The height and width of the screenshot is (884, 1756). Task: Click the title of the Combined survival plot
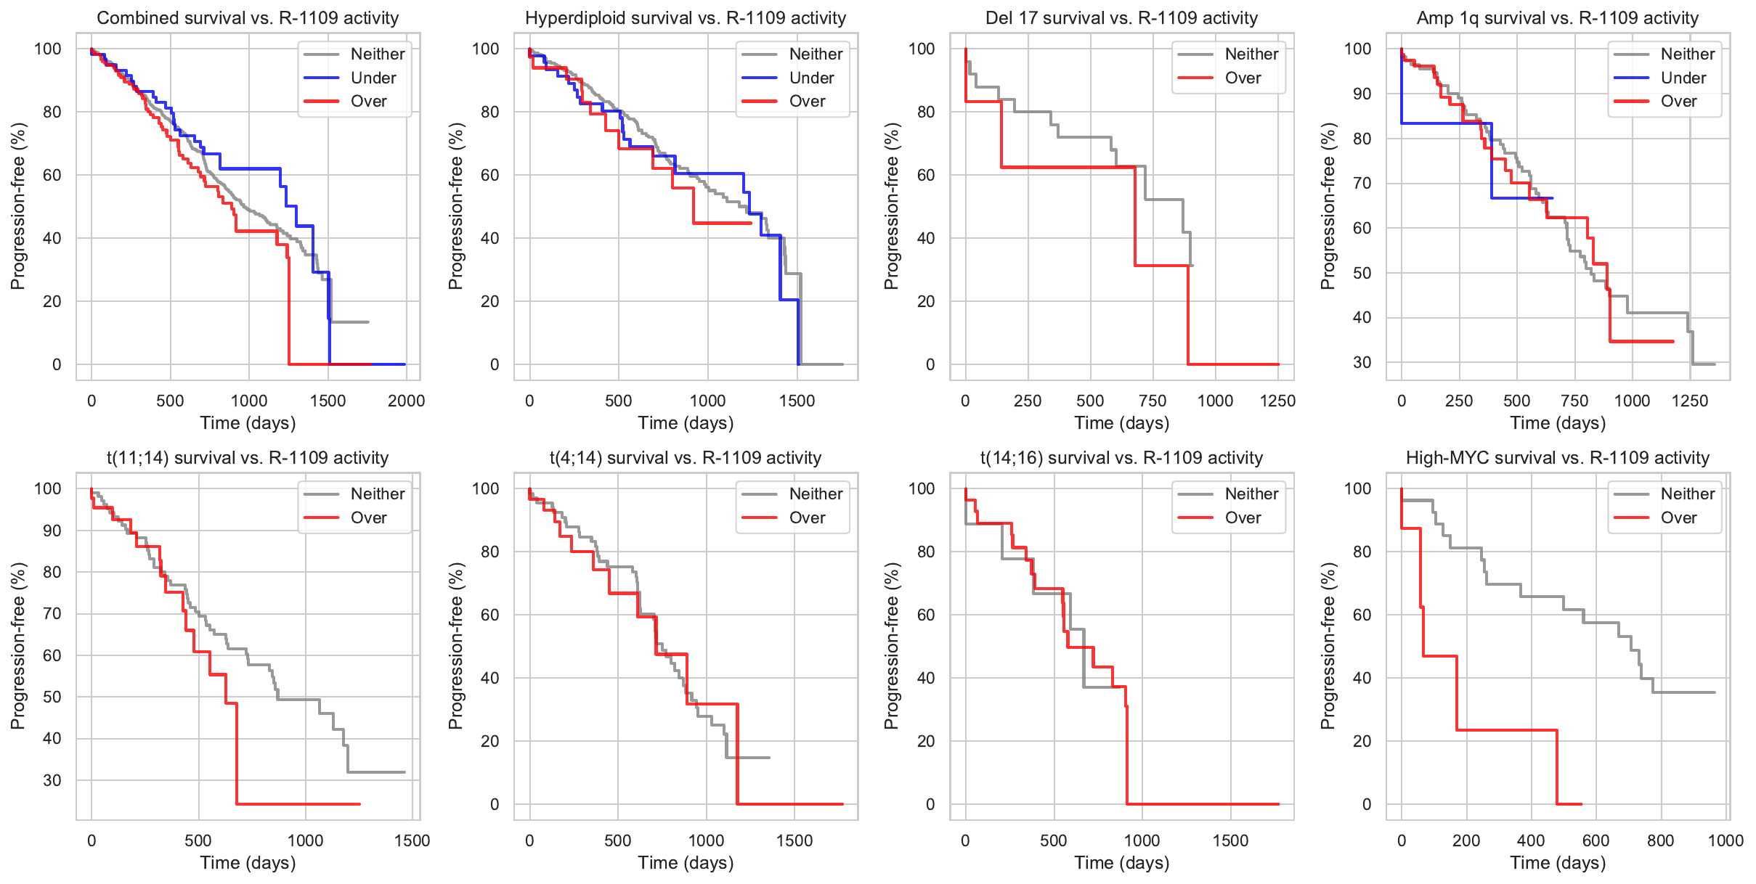pos(248,18)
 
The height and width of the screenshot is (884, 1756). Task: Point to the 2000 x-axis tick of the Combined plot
pos(406,401)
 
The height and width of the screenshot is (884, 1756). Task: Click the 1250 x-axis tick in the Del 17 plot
pos(1277,401)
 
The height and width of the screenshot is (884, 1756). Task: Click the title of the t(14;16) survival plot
pos(1121,458)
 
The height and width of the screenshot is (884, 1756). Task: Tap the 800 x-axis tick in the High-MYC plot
pos(1660,840)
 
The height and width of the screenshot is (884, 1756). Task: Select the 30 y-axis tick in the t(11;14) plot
pos(52,780)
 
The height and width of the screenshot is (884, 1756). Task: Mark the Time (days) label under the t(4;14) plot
pos(686,863)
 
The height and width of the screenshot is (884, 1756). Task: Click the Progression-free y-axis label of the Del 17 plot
pos(892,206)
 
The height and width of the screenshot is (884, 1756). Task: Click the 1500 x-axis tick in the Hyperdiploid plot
pos(797,401)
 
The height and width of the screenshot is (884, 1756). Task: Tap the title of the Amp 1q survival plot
pos(1557,18)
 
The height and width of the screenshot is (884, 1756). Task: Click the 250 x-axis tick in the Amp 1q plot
pos(1458,401)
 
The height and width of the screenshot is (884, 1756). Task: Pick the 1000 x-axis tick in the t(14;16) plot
pos(1142,840)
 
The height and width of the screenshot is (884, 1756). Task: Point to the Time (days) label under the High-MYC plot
pos(1558,863)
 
